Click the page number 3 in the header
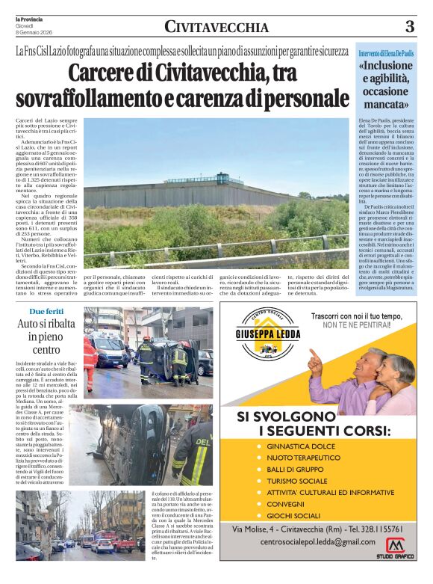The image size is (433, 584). [409, 27]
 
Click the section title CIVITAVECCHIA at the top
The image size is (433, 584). [216, 28]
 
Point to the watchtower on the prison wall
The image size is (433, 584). [223, 179]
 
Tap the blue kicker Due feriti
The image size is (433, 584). [46, 310]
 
